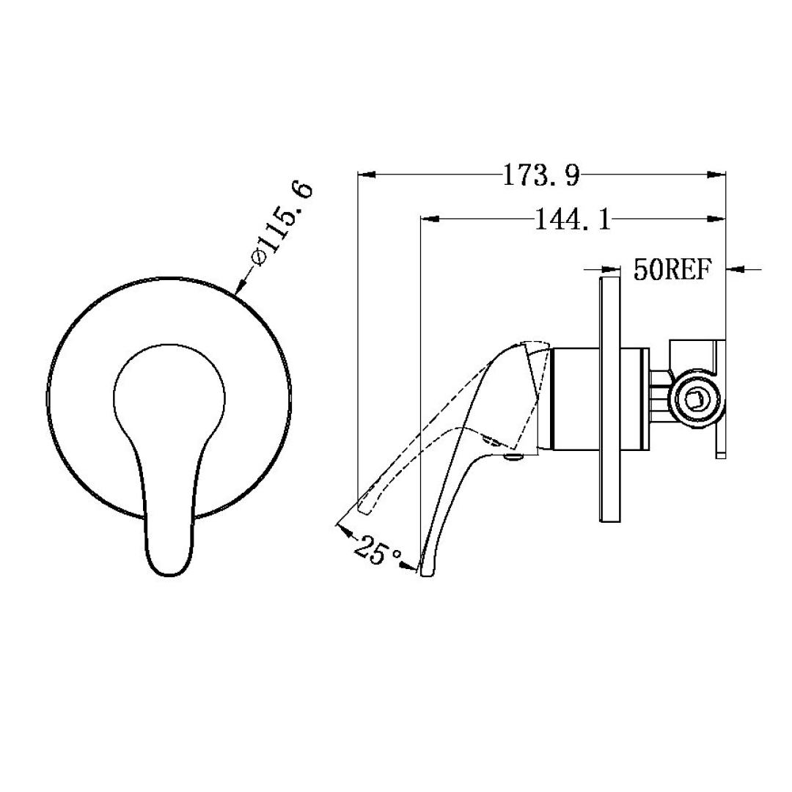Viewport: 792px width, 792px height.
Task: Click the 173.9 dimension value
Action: [x=541, y=175]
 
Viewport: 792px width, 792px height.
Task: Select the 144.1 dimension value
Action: [x=572, y=219]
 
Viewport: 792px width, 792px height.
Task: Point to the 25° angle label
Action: [x=376, y=550]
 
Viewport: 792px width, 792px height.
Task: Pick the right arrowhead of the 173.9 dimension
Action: [x=716, y=175]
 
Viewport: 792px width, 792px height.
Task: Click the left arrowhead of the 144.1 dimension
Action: [x=429, y=219]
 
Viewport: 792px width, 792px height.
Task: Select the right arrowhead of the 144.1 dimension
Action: [x=716, y=219]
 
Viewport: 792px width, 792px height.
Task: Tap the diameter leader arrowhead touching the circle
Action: [x=240, y=288]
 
